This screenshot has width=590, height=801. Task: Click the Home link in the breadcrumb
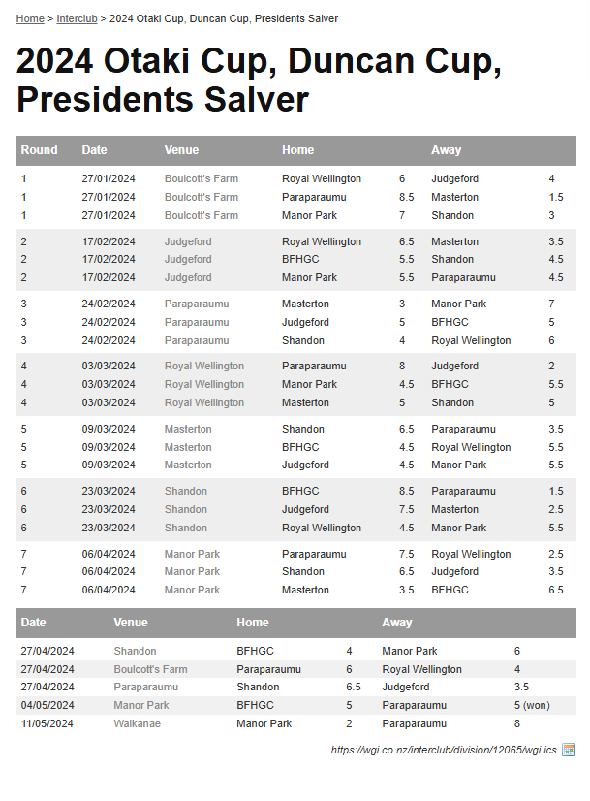pyautogui.click(x=30, y=18)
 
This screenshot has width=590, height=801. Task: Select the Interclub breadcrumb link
pyautogui.click(x=77, y=18)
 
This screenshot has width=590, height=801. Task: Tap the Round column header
pyautogui.click(x=40, y=150)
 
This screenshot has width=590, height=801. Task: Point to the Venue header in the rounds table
pyautogui.click(x=181, y=150)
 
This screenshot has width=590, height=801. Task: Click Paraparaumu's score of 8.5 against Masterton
pyautogui.click(x=406, y=197)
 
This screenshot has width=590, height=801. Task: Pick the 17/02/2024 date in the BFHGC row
pyautogui.click(x=109, y=259)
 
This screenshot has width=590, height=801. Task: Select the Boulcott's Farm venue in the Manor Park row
pyautogui.click(x=201, y=215)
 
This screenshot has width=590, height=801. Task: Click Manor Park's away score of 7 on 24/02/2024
pyautogui.click(x=551, y=304)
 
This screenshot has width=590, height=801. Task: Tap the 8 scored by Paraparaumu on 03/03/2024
pyautogui.click(x=402, y=366)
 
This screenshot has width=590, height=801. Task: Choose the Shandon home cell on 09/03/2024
pyautogui.click(x=303, y=429)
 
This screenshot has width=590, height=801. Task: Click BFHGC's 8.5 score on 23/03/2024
pyautogui.click(x=406, y=491)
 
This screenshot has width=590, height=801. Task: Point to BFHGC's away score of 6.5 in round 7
pyautogui.click(x=555, y=590)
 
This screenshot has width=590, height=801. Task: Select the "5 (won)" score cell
pyautogui.click(x=532, y=705)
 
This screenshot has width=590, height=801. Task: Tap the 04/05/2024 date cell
pyautogui.click(x=47, y=705)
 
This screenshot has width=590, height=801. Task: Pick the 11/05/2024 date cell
pyautogui.click(x=47, y=723)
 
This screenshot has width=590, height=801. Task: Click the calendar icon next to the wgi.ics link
pyautogui.click(x=569, y=750)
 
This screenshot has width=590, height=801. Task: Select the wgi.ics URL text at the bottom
pyautogui.click(x=444, y=750)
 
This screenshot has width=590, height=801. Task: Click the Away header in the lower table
pyautogui.click(x=397, y=623)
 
